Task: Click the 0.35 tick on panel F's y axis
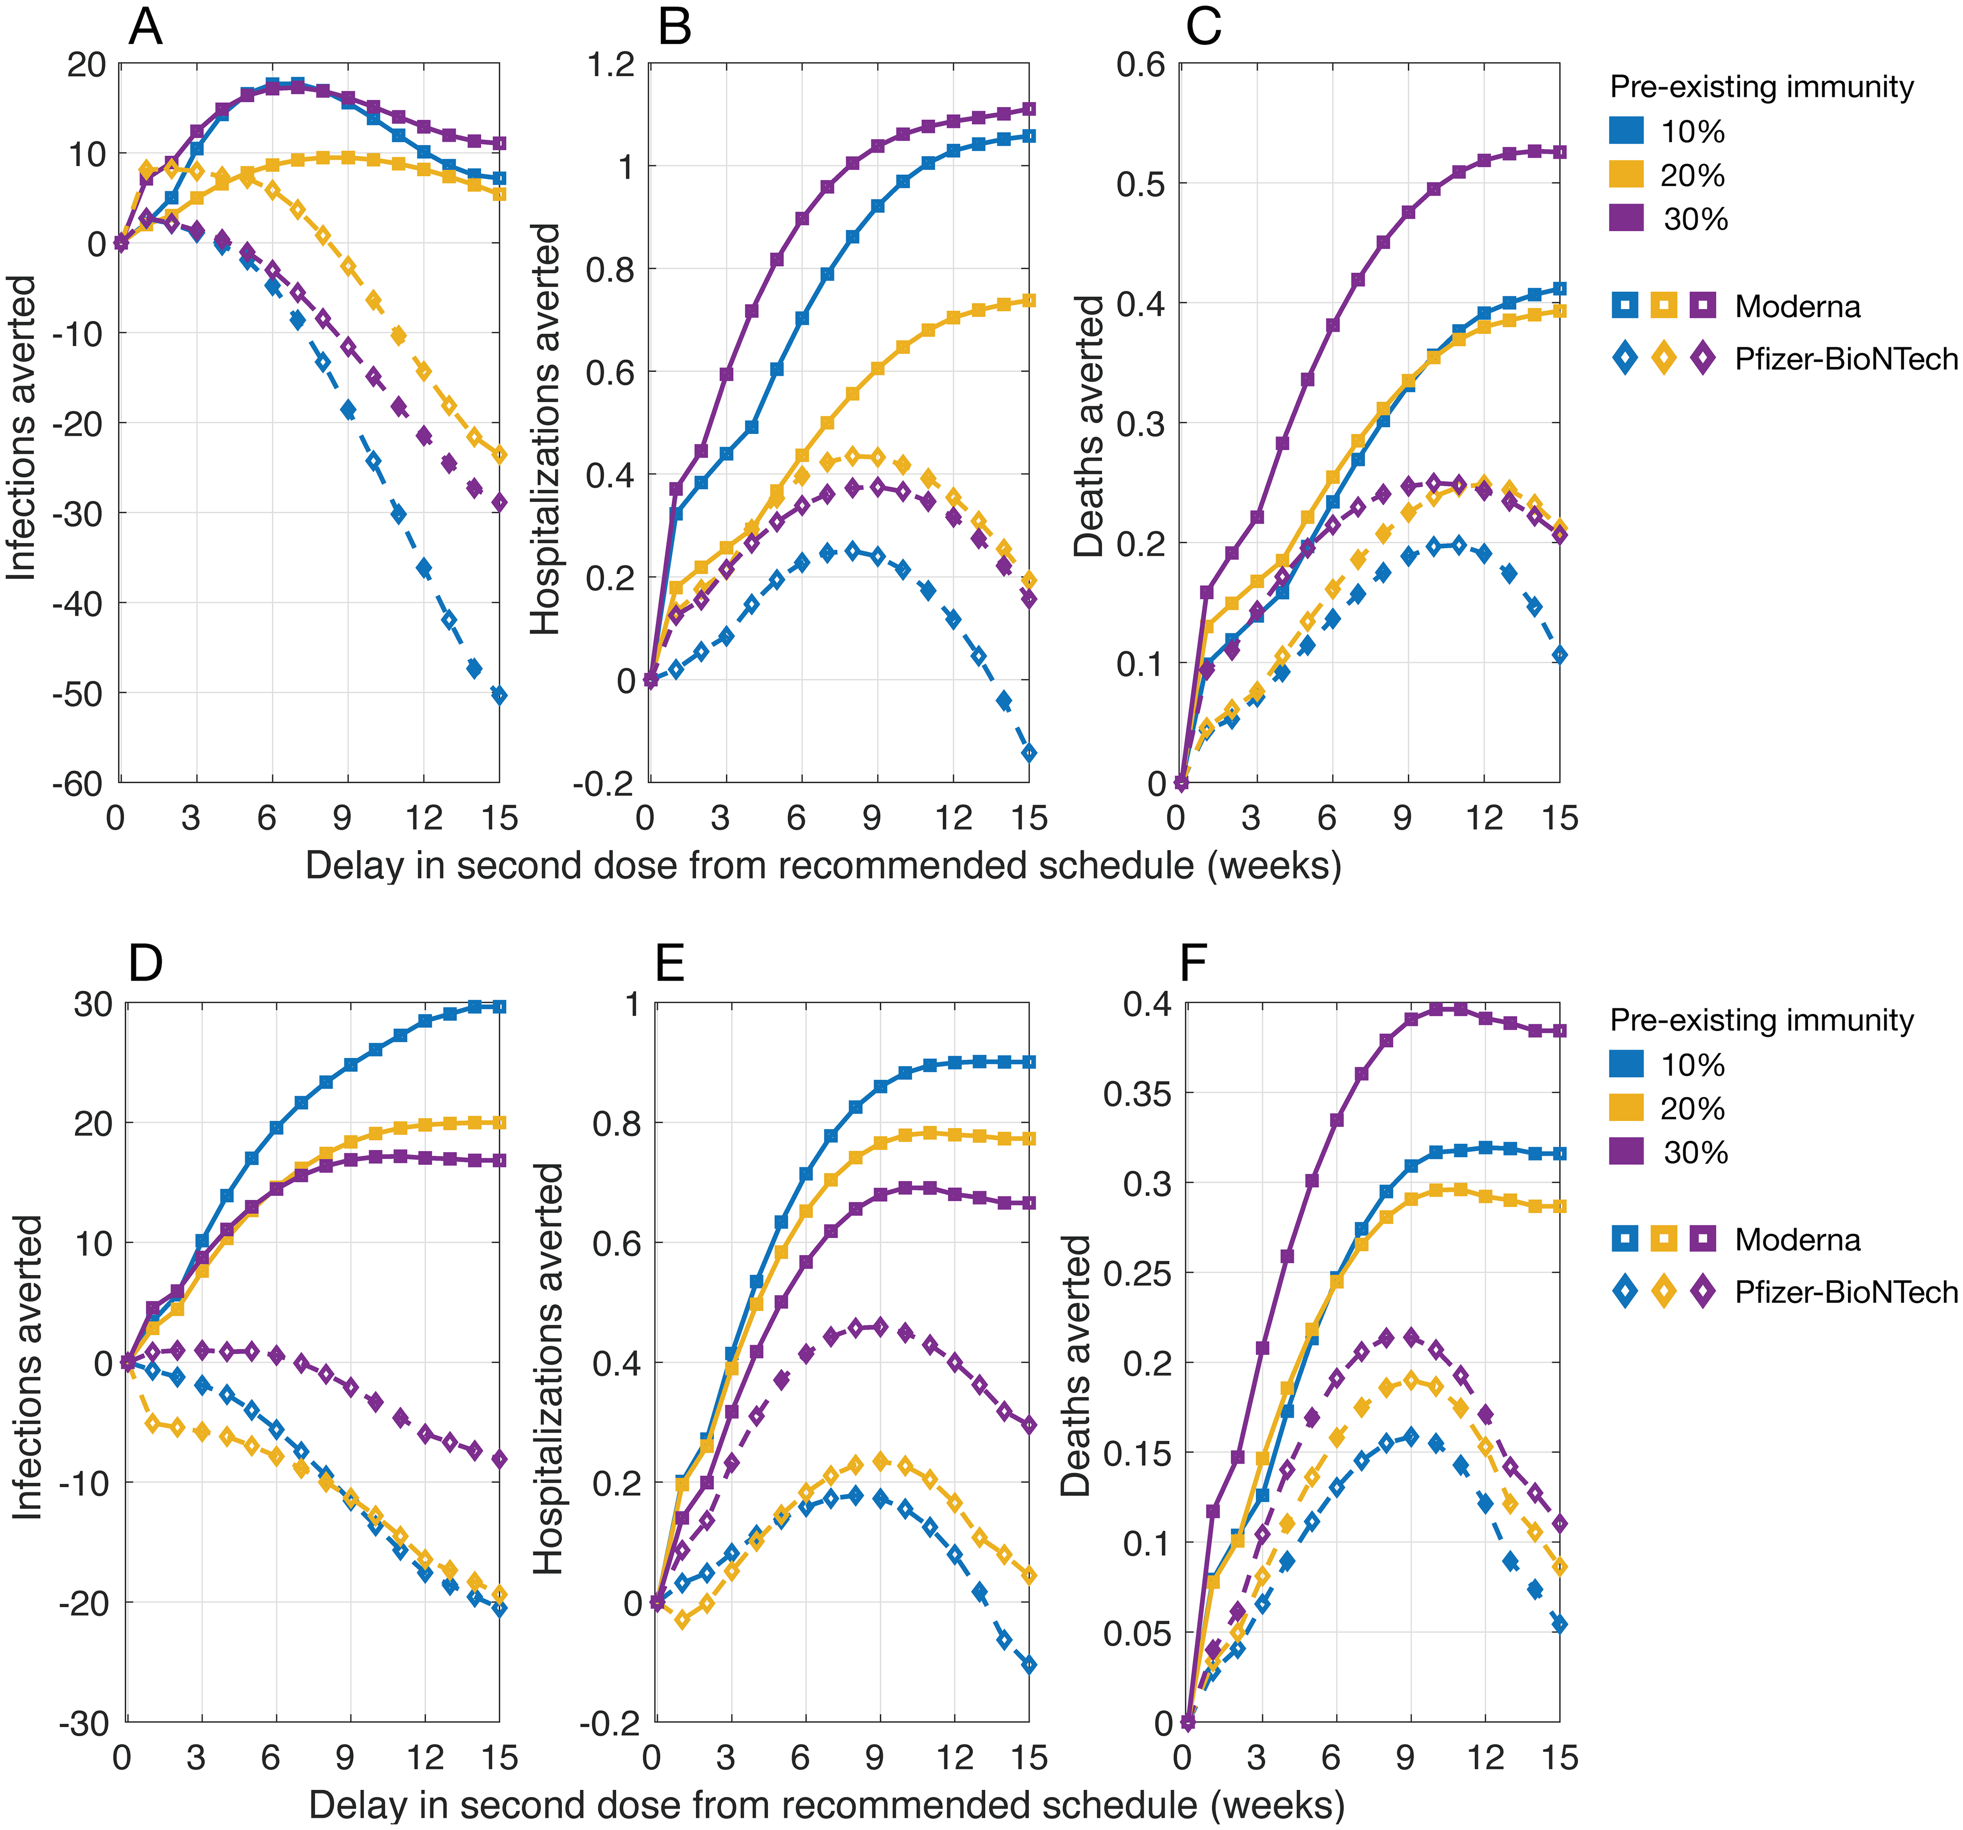1136,1093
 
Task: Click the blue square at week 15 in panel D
500,1006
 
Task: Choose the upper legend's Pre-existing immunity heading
1761,87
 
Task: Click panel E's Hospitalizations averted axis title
548,1368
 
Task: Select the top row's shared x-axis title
823,865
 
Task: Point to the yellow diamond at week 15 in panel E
1029,1576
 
